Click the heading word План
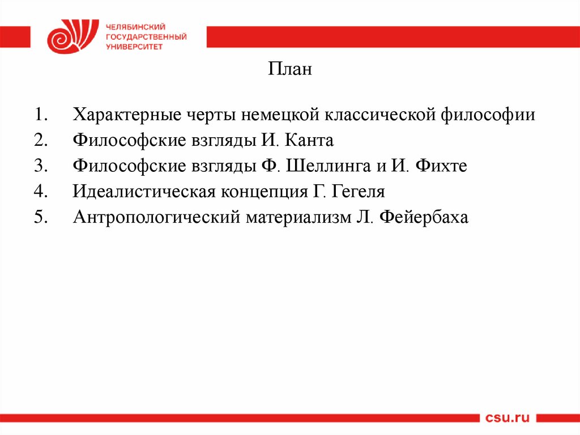pos(290,70)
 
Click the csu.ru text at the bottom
pos(507,418)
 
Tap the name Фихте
pos(442,166)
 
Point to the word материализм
pos(299,218)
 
